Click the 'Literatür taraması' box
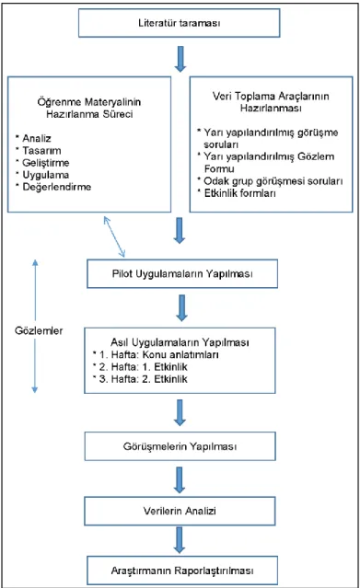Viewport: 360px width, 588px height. coord(179,23)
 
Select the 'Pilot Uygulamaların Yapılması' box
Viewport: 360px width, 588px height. coord(182,273)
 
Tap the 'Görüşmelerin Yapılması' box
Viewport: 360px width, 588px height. coord(180,446)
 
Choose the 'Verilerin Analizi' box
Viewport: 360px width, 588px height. coord(180,511)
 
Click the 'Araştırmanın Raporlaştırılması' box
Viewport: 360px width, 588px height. coord(182,571)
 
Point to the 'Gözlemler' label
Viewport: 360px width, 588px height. coord(39,330)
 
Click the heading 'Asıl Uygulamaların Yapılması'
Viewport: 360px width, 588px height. coord(180,342)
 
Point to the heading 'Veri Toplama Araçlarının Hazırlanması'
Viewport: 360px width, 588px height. coord(271,102)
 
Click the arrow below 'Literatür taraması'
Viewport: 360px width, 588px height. coord(180,59)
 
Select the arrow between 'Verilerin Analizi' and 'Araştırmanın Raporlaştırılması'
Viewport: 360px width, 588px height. coord(180,540)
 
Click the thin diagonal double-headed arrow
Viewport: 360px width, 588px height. coord(114,236)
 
